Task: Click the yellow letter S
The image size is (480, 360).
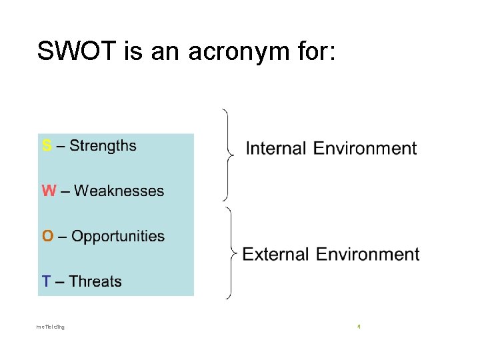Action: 46,146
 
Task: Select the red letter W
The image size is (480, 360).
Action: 49,191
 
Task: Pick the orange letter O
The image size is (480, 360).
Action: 47,237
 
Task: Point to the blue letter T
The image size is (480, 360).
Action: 46,281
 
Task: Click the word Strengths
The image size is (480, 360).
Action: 103,145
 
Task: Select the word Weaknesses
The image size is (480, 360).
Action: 119,191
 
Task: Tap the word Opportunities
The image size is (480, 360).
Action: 118,237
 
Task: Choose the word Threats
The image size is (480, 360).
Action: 95,281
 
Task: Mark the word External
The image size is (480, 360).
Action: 275,254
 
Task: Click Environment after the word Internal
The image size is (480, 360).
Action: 366,148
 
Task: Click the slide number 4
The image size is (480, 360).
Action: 359,327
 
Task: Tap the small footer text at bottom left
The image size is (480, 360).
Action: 51,327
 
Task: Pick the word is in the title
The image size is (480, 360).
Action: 133,51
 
